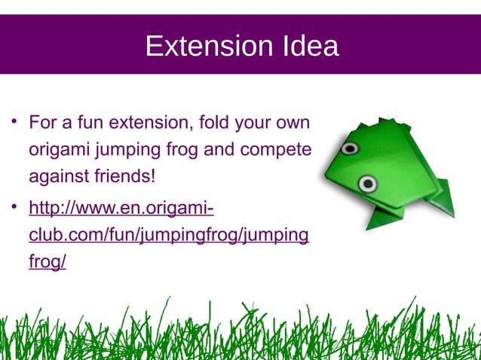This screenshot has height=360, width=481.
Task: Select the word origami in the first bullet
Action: [x=58, y=150]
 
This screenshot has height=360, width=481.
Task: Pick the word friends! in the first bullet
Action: [x=124, y=178]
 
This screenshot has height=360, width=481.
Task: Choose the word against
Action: [x=57, y=178]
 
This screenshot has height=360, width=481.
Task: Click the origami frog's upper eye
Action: [x=349, y=148]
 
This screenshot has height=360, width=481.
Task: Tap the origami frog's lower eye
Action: [x=367, y=183]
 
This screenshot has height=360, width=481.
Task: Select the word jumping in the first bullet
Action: [x=126, y=150]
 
